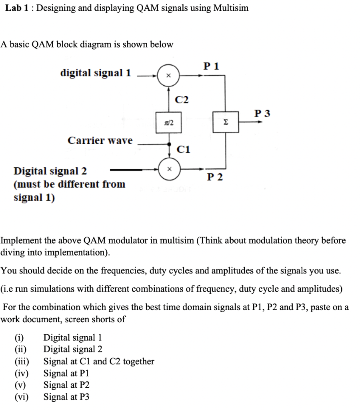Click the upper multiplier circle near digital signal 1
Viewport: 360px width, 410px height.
pyautogui.click(x=168, y=75)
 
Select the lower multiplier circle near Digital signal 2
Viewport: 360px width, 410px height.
pyautogui.click(x=168, y=169)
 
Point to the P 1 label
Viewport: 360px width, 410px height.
pyautogui.click(x=211, y=66)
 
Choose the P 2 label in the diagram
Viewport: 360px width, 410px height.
pyautogui.click(x=215, y=177)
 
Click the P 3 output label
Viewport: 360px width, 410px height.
pyautogui.click(x=262, y=113)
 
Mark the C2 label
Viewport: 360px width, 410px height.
pyautogui.click(x=182, y=99)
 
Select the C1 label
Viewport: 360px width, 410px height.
pyautogui.click(x=184, y=150)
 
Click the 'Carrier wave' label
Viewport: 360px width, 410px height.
pyautogui.click(x=100, y=141)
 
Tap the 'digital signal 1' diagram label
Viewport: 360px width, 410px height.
pyautogui.click(x=96, y=73)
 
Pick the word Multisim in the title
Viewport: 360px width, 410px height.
pyautogui.click(x=231, y=8)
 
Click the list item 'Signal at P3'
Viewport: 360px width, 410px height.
pyautogui.click(x=66, y=397)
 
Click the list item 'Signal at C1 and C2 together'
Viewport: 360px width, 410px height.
pyautogui.click(x=99, y=362)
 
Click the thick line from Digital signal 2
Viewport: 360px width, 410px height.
pyautogui.click(x=126, y=170)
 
